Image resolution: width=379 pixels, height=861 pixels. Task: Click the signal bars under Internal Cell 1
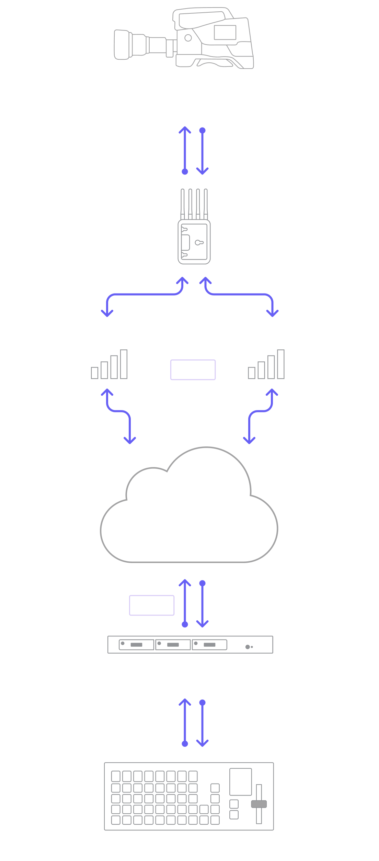pos(109,365)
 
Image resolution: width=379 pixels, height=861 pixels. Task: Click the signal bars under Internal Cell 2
pos(266,365)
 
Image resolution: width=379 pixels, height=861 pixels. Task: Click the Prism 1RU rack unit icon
pos(190,645)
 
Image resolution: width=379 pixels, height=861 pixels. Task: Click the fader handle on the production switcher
pos(259,804)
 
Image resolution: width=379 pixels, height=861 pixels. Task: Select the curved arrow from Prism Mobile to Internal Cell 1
pos(144,294)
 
